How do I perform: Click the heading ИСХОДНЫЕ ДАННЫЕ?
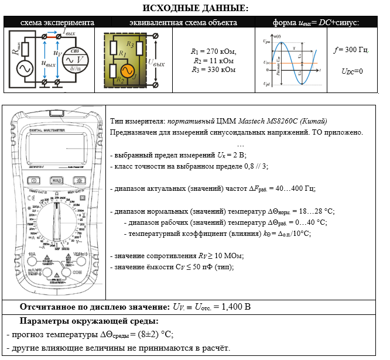(196, 8)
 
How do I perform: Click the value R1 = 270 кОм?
(213, 52)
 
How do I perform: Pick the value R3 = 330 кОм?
(213, 70)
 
